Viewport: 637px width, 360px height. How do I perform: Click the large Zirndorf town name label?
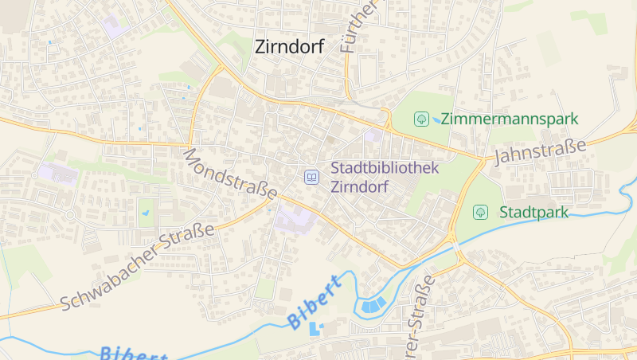(x=289, y=46)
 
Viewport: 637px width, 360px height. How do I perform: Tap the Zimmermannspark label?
(x=510, y=119)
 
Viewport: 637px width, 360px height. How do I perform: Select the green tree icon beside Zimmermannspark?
(x=420, y=119)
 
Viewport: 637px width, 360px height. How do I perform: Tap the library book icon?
(x=311, y=177)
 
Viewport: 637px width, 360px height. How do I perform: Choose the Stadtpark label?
(x=533, y=212)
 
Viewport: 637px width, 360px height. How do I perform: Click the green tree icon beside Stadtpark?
(x=480, y=212)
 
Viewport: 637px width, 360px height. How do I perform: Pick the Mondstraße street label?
(x=230, y=174)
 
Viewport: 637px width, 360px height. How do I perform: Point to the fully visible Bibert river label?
(x=316, y=300)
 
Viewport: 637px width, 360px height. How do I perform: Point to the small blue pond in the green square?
(x=146, y=213)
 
